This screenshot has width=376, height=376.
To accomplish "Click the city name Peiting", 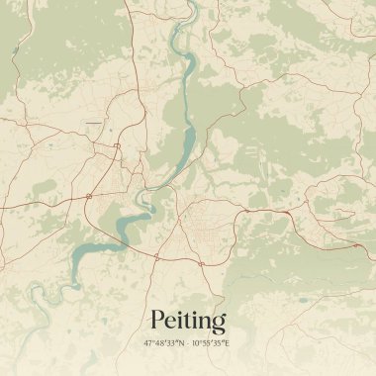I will pyautogui.click(x=188, y=321).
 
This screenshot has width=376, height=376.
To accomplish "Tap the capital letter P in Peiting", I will pyautogui.click(x=157, y=321).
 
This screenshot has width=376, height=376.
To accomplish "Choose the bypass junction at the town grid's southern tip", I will pyautogui.click(x=157, y=256).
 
